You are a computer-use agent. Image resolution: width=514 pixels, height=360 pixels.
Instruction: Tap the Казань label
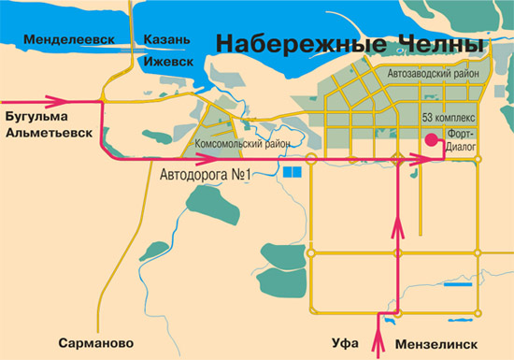coord(167,39)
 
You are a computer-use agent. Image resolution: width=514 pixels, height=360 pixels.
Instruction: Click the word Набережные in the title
coord(286,44)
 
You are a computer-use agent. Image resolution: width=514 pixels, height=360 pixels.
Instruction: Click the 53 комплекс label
coord(450,119)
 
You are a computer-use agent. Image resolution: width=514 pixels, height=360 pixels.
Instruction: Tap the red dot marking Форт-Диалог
coord(432,140)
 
